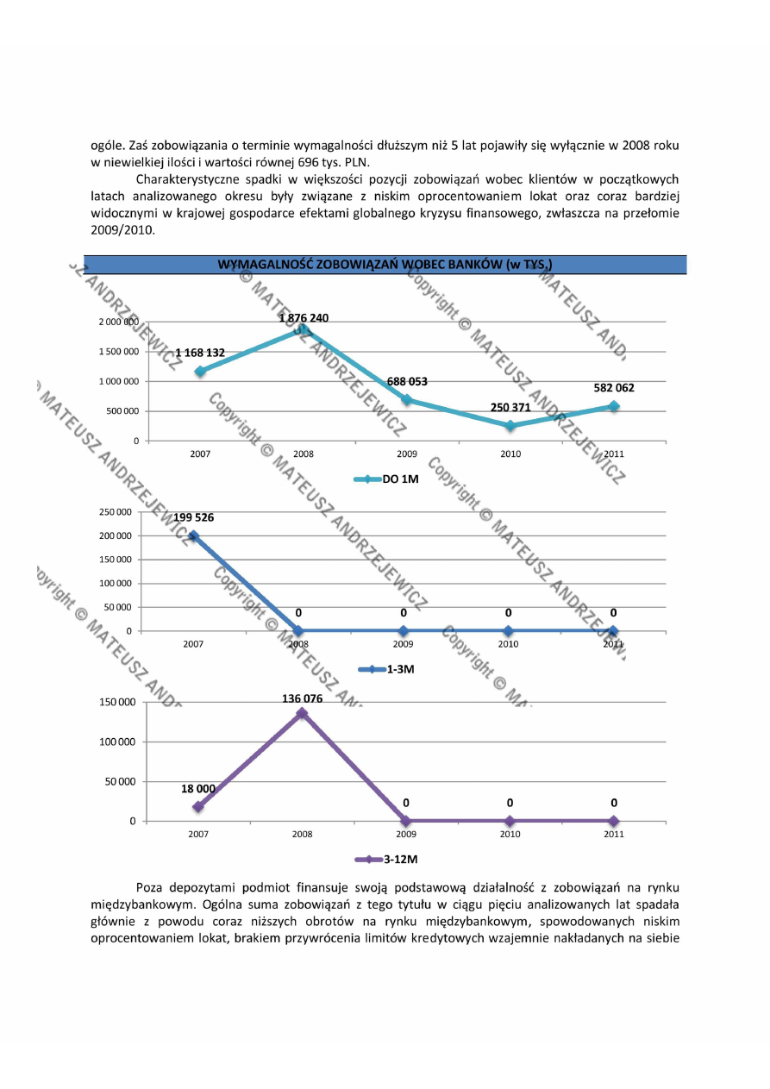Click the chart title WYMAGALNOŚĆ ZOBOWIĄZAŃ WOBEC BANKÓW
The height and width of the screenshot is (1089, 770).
[x=385, y=264]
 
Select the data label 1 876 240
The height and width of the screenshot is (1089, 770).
[x=303, y=318]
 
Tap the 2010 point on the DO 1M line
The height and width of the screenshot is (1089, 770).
[x=510, y=425]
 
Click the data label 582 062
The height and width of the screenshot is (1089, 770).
[x=614, y=388]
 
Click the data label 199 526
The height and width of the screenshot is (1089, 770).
[x=193, y=517]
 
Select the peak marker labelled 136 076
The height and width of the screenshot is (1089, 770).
[x=302, y=713]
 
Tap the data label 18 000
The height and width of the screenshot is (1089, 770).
[x=197, y=788]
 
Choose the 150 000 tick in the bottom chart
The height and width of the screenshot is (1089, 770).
[x=116, y=702]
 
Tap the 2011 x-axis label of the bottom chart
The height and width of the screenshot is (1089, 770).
[x=613, y=834]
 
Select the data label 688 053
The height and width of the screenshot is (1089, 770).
[x=407, y=381]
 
